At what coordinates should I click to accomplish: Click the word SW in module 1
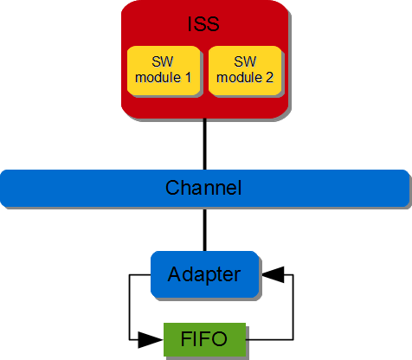click(x=162, y=62)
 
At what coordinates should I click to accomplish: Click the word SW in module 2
click(x=244, y=62)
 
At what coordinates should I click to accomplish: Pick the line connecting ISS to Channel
click(x=205, y=144)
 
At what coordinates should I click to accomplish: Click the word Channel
click(x=203, y=188)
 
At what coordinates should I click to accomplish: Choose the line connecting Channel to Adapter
click(x=205, y=228)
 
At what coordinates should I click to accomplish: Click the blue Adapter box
click(x=204, y=274)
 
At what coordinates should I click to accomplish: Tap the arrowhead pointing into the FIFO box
click(x=155, y=337)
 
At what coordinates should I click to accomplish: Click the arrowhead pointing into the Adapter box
click(x=272, y=274)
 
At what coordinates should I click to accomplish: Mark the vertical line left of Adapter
click(x=129, y=306)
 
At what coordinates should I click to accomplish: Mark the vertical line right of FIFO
click(x=294, y=306)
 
